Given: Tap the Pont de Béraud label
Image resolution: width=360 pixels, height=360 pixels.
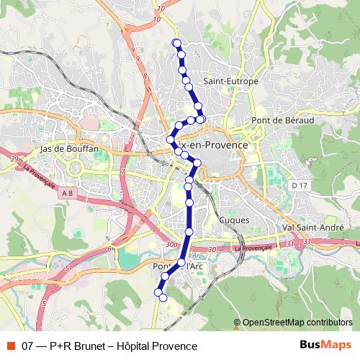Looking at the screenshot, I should pyautogui.click(x=282, y=120).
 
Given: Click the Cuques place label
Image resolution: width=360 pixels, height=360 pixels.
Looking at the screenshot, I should pyautogui.click(x=235, y=220).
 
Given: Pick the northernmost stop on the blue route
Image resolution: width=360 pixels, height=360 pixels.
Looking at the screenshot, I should pyautogui.click(x=176, y=43).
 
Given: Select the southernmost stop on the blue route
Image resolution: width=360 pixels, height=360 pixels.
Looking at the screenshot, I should pyautogui.click(x=163, y=297).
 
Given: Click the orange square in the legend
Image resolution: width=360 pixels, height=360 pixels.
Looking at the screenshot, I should pyautogui.click(x=10, y=346).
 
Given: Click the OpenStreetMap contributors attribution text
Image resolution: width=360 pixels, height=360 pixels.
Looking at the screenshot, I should pyautogui.click(x=297, y=323).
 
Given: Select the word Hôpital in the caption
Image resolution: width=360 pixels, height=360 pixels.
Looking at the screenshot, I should pyautogui.click(x=136, y=346).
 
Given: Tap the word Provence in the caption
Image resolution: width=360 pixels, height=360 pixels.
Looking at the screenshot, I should pyautogui.click(x=177, y=346).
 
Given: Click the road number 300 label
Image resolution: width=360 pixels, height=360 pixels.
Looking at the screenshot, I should pyautogui.click(x=171, y=246).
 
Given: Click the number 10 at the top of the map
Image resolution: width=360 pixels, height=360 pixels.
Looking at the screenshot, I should pyautogui.click(x=158, y=7).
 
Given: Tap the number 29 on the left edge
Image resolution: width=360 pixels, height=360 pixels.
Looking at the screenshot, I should pyautogui.click(x=13, y=157).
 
